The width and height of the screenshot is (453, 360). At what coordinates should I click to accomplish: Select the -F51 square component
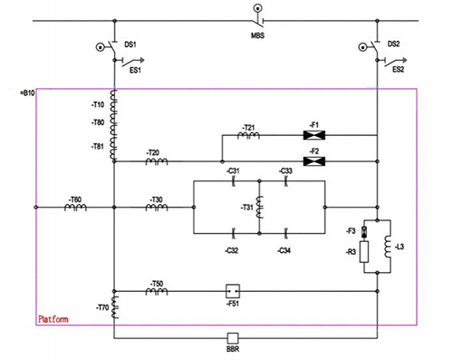[232, 292]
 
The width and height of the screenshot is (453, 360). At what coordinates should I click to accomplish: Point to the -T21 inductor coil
[250, 135]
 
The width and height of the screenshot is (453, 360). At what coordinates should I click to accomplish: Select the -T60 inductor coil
[75, 208]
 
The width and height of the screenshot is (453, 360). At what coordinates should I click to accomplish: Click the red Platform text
[54, 320]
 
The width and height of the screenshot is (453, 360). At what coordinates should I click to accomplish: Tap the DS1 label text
[131, 43]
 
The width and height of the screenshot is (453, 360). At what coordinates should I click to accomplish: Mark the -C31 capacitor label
[234, 170]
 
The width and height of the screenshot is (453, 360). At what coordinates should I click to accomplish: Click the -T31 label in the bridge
[246, 208]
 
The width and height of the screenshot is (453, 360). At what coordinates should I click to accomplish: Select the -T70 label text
[99, 307]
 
